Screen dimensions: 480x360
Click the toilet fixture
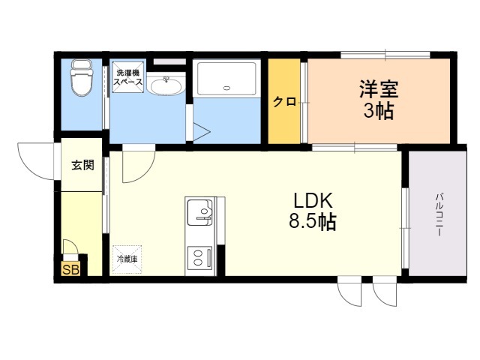click(82, 78)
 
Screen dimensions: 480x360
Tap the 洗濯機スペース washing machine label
click(128, 77)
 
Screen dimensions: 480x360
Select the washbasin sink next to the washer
click(166, 85)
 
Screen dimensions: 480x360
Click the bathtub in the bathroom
click(226, 79)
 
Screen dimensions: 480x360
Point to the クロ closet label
click(284, 102)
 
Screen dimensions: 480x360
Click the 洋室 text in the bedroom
click(379, 88)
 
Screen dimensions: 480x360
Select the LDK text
click(313, 201)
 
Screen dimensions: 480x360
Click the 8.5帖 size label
click(313, 221)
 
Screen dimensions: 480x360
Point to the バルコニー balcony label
click(439, 214)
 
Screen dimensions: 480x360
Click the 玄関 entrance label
click(83, 165)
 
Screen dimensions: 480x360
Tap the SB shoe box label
click(70, 269)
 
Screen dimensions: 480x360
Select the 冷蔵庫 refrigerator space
click(127, 259)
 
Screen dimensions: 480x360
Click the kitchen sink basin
click(200, 211)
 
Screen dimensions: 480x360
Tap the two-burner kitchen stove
click(200, 257)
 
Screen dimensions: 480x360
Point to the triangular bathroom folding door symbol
click(202, 132)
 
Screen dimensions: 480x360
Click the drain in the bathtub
click(226, 88)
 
